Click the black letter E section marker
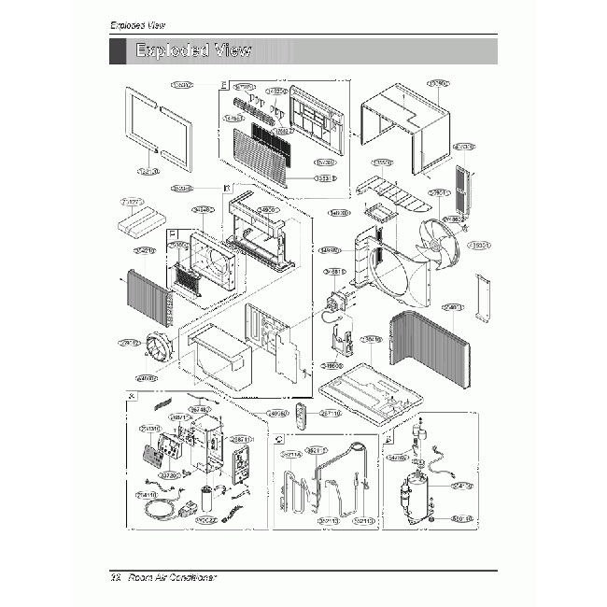[x=223, y=85]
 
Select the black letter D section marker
[x=227, y=188]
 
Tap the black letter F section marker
[x=171, y=233]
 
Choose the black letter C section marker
[x=278, y=438]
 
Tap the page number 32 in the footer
[x=116, y=578]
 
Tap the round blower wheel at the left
[x=162, y=352]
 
